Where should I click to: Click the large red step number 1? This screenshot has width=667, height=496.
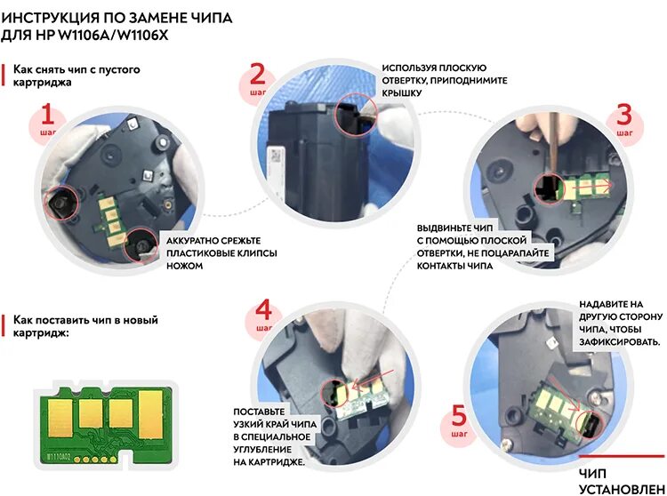[x=48, y=116]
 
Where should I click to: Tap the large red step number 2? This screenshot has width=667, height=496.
[x=258, y=76]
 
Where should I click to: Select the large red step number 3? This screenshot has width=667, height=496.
[x=624, y=115]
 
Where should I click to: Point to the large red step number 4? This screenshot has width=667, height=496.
[x=263, y=310]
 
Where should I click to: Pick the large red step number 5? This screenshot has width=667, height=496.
[x=459, y=415]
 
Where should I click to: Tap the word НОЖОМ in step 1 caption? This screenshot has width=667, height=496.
[x=186, y=266]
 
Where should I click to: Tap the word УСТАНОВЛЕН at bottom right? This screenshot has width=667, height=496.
[x=621, y=488]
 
